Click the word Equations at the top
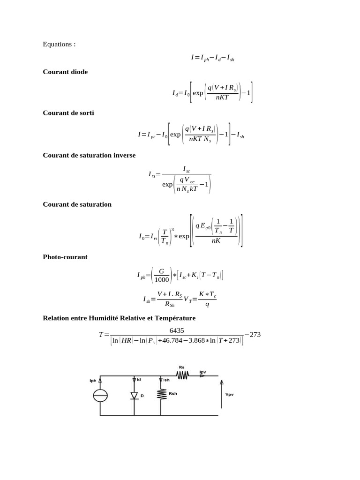[57, 45]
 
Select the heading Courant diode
[65, 72]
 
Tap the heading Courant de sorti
[68, 113]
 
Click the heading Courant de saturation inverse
[89, 155]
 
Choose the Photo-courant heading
[65, 257]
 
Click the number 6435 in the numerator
[177, 330]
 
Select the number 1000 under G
[162, 280]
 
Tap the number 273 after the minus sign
[255, 335]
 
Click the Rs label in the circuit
[181, 367]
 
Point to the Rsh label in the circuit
[173, 393]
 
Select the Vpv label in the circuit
[229, 394]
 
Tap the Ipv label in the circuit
[202, 371]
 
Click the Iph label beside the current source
[93, 381]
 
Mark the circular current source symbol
[100, 396]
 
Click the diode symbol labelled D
[134, 396]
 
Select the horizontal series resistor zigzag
[182, 375]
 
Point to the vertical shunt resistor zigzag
[161, 394]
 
